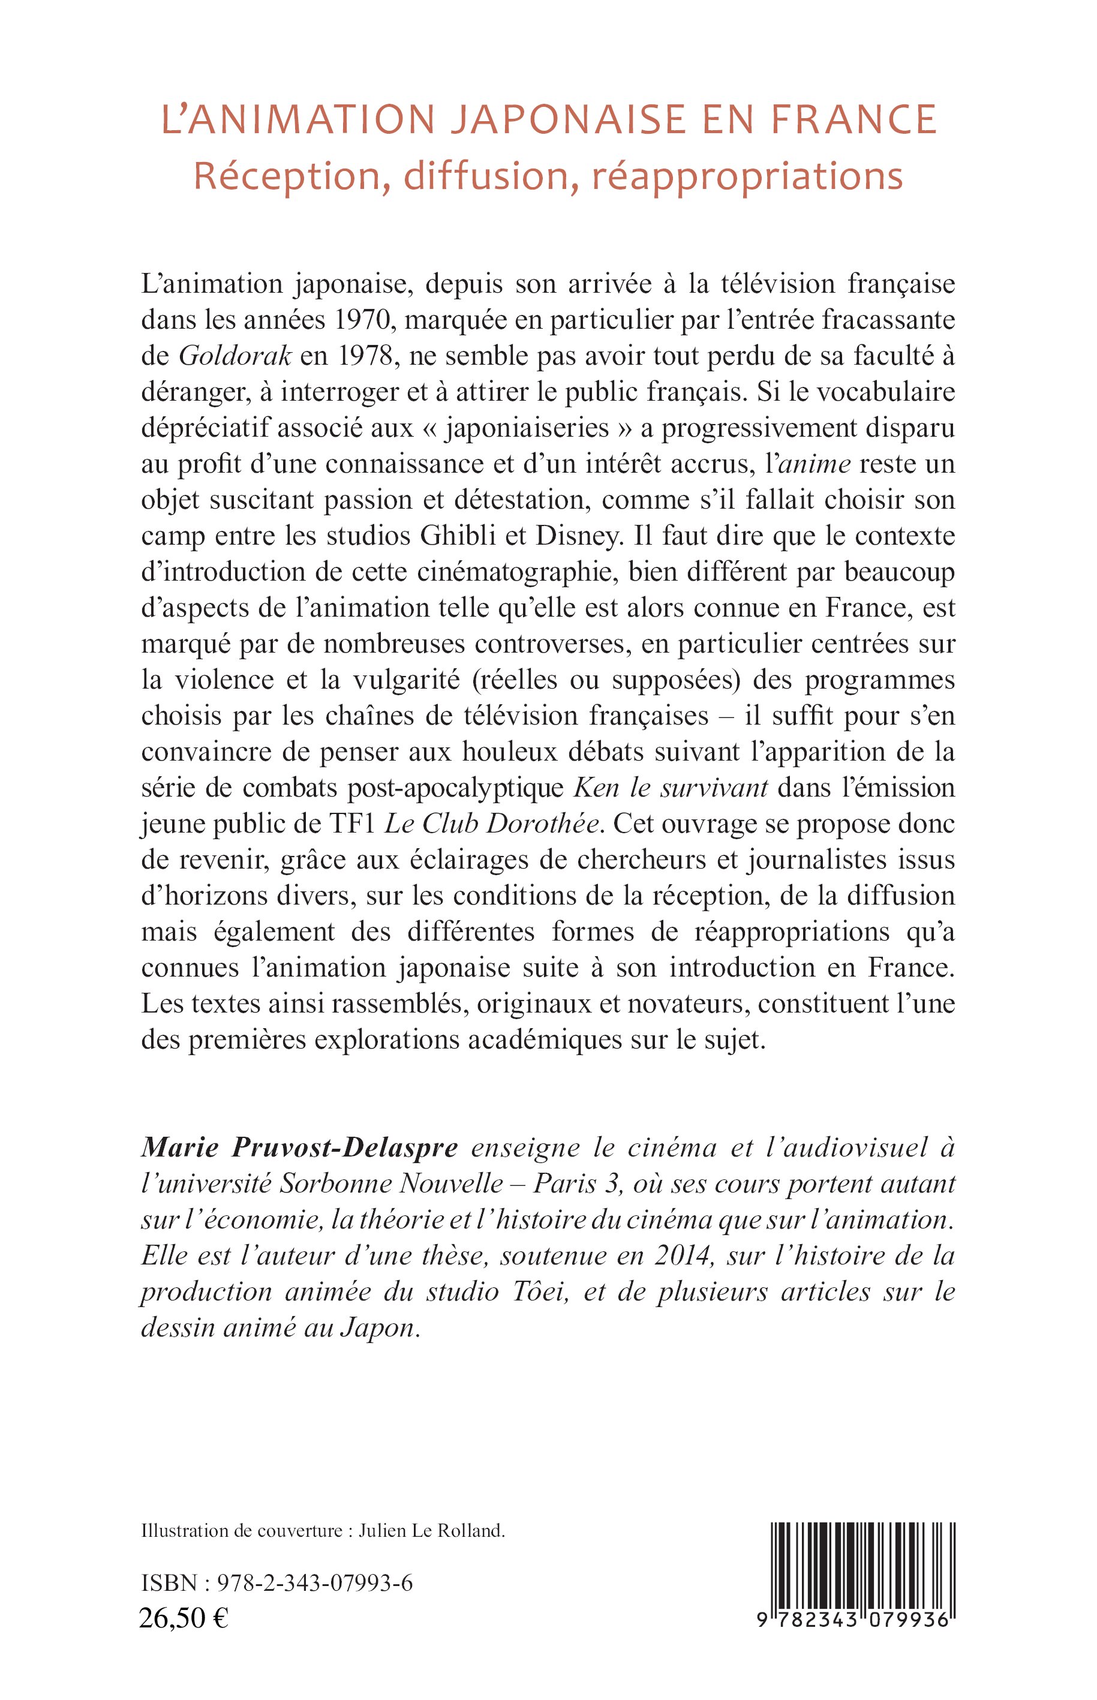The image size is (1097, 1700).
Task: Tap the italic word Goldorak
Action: pos(235,356)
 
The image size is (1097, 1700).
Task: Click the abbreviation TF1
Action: pos(353,824)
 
